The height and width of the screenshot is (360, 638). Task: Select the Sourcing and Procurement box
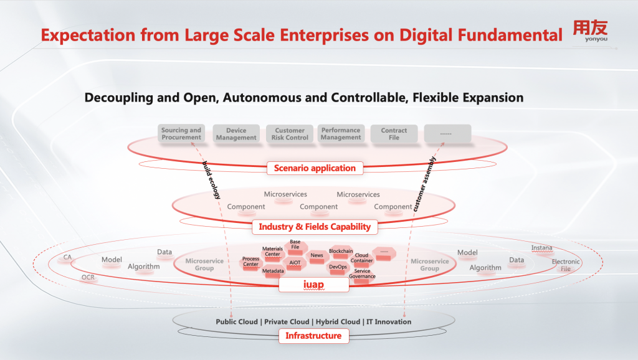181,134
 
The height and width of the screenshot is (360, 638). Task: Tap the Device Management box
236,134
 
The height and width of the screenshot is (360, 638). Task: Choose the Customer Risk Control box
290,134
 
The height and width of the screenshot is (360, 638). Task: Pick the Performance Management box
341,134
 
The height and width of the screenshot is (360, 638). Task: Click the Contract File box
394,134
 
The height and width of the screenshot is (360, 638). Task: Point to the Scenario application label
315,168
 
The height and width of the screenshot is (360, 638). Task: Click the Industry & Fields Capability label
315,227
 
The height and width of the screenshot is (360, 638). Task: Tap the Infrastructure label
313,336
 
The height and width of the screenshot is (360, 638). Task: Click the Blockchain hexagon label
341,252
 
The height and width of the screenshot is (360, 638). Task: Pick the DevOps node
338,267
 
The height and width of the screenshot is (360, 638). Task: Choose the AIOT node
295,263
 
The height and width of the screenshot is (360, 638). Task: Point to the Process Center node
250,262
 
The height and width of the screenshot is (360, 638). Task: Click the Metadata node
273,271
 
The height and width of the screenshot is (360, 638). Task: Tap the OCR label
88,277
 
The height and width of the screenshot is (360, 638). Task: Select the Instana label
541,248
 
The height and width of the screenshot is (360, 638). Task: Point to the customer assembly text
424,184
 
